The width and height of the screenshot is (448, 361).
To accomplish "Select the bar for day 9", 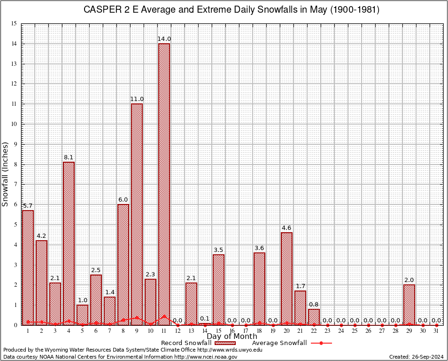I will pyautogui.click(x=137, y=214).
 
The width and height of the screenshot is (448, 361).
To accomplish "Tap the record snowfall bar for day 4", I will pyautogui.click(x=69, y=243).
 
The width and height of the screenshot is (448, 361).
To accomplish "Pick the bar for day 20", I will pyautogui.click(x=286, y=278).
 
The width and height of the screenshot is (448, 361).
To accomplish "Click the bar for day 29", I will pyautogui.click(x=409, y=305).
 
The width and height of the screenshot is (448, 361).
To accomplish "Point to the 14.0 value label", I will pyautogui.click(x=164, y=39).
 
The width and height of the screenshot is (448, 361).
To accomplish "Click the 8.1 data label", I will pyautogui.click(x=69, y=157).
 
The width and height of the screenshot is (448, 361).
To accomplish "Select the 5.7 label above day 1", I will pyautogui.click(x=28, y=205).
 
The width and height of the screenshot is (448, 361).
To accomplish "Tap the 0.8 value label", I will pyautogui.click(x=314, y=304).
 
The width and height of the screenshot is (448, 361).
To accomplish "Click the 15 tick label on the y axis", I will pyautogui.click(x=14, y=24).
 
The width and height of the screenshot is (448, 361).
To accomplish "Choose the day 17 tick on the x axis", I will pyautogui.click(x=246, y=331).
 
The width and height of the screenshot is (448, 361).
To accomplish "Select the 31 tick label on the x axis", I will pyautogui.click(x=436, y=331).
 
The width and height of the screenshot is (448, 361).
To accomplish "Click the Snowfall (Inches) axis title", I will pyautogui.click(x=6, y=174).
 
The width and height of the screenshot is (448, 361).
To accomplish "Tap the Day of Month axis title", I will pyautogui.click(x=232, y=337).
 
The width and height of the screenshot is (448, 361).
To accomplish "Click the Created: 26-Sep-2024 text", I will pyautogui.click(x=417, y=357).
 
